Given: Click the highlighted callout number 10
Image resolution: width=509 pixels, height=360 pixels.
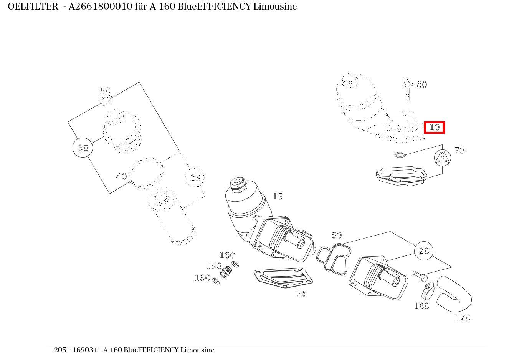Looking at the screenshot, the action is [x=434, y=127].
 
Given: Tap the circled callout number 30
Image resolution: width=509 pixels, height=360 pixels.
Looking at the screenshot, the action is [x=83, y=148].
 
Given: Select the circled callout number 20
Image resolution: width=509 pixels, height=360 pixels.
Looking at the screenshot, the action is [x=424, y=251].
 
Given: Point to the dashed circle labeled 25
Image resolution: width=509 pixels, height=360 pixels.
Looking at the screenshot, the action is [x=195, y=178].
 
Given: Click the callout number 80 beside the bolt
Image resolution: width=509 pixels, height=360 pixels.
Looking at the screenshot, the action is [x=422, y=85].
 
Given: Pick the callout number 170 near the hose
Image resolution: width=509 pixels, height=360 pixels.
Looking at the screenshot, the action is [x=463, y=318].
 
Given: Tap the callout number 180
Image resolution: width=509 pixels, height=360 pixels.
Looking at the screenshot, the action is [x=422, y=306].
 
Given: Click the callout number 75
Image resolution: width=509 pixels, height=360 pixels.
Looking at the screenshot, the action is [x=302, y=293].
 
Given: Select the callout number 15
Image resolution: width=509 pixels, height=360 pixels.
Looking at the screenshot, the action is [x=278, y=196].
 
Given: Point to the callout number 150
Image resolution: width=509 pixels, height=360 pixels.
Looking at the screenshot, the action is [x=214, y=266].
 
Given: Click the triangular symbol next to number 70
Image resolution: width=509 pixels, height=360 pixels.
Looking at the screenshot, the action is [x=443, y=158].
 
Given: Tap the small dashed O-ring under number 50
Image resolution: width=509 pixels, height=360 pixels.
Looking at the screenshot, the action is [x=106, y=100].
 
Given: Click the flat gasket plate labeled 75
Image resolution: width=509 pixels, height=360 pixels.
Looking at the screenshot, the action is [x=283, y=278].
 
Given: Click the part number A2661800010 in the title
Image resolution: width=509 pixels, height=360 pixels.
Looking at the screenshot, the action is [x=100, y=7].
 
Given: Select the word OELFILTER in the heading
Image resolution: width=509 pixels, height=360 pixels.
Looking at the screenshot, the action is [x=33, y=7].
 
